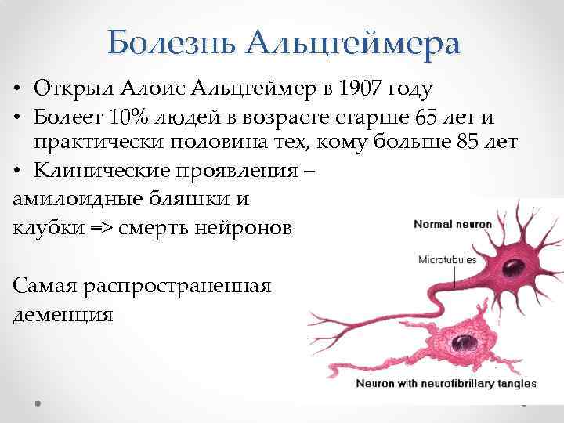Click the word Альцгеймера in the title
352,42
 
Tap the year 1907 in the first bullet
363,92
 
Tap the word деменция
63,314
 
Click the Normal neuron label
453,225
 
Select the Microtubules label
447,258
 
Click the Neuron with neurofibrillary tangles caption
446,384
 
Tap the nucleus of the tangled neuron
465,341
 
